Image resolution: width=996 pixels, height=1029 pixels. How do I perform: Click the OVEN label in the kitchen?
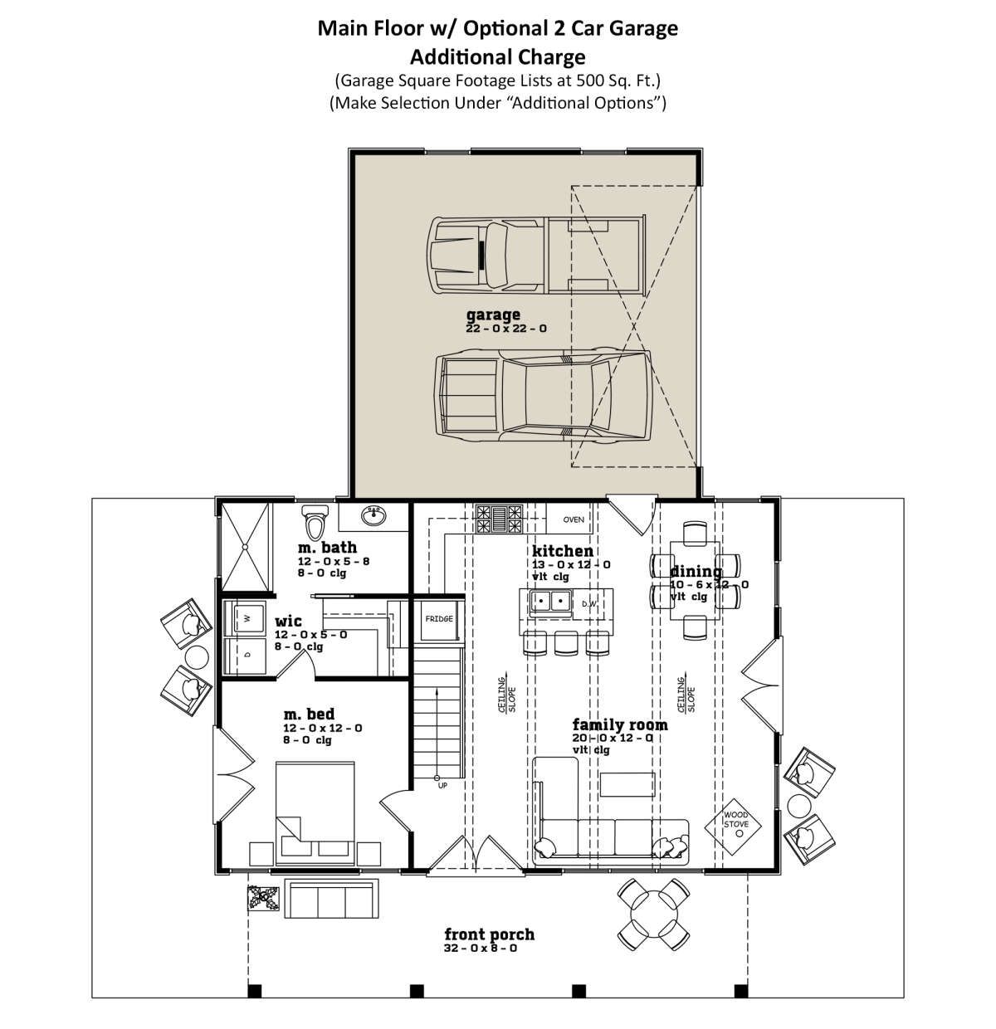tap(574, 519)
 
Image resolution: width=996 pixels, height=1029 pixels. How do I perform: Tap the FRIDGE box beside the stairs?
tap(438, 619)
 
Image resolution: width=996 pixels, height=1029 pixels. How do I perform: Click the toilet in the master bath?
tap(315, 521)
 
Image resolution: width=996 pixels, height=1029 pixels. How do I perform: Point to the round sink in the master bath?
tap(373, 515)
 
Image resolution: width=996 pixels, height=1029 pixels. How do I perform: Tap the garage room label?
tap(492, 315)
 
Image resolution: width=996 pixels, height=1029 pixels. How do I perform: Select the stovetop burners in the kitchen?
tap(499, 518)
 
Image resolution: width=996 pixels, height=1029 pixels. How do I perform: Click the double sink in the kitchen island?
tap(550, 602)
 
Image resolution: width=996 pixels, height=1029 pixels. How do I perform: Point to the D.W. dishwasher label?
tap(589, 603)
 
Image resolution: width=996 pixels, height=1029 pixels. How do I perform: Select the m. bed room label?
tap(309, 714)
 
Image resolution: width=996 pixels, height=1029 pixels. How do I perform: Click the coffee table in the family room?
tap(627, 784)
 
